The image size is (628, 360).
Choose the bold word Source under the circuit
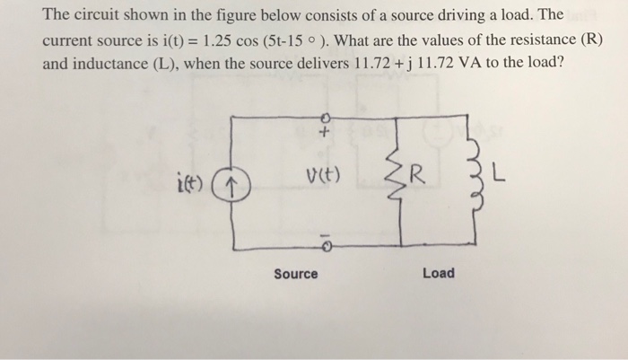(x=295, y=273)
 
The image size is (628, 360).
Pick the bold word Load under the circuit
(x=440, y=272)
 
